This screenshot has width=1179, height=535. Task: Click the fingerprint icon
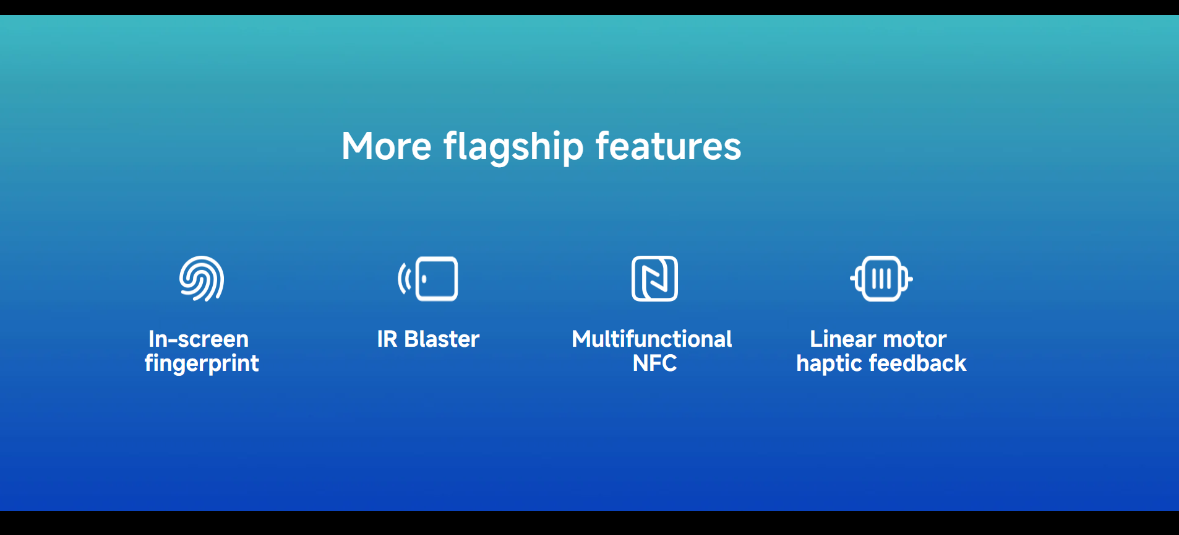point(202,279)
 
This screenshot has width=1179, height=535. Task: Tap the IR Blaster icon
point(428,279)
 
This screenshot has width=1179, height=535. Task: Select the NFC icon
point(654,279)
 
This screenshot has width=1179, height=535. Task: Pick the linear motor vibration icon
point(881,279)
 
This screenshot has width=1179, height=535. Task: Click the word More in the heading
point(387,147)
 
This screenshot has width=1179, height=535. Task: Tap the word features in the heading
point(668,147)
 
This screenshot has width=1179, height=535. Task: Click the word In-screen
point(199,339)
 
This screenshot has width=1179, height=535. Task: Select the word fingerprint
point(202,363)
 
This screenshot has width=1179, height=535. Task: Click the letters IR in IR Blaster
point(387,339)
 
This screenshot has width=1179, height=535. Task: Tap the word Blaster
point(442,339)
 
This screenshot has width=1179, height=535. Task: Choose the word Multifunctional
point(652,339)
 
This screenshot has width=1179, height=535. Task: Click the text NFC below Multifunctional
point(654,363)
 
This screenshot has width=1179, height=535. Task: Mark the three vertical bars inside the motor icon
point(881,279)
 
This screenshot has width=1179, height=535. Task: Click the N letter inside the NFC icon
point(654,279)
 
